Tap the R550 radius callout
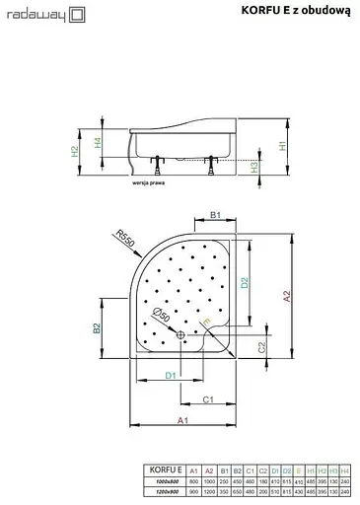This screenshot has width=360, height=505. point(122,239)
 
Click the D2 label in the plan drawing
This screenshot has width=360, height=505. point(245,283)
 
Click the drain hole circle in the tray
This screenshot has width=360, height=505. point(180,333)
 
